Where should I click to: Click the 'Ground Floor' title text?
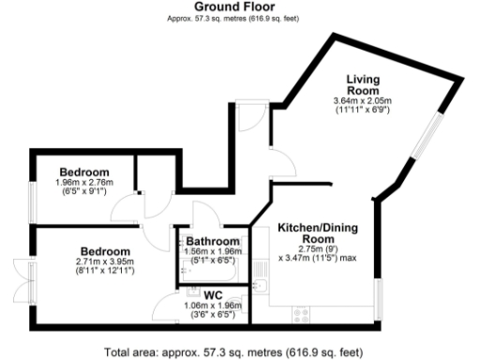click(240, 7)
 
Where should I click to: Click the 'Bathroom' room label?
click(210, 241)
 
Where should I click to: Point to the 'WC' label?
click(211, 294)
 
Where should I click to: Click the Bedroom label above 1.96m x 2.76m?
click(83, 172)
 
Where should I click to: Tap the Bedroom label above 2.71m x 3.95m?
click(103, 251)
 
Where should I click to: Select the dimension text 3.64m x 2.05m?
click(361, 101)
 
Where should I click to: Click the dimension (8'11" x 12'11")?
click(104, 271)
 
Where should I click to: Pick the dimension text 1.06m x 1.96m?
click(211, 305)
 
